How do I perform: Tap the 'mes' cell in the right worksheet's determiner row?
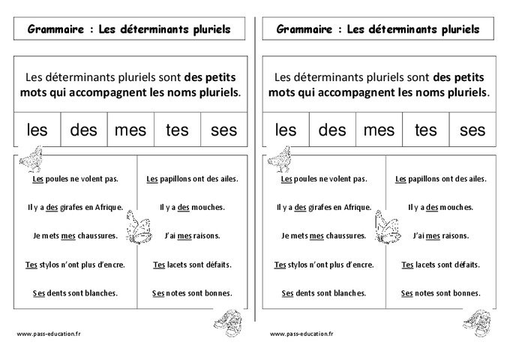[379, 130]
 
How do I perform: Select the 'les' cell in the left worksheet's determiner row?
[37, 130]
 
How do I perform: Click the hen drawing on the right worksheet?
[280, 159]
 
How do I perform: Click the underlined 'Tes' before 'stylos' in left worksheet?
[31, 265]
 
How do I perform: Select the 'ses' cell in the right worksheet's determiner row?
[472, 130]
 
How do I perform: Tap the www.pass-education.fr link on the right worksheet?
[301, 333]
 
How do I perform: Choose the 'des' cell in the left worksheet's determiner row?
[84, 130]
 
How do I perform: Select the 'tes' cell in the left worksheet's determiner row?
[177, 130]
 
